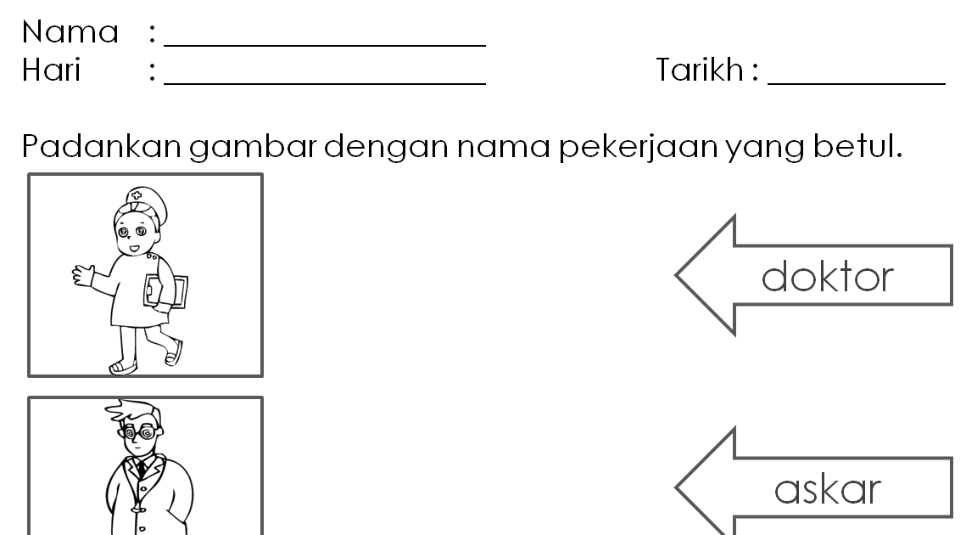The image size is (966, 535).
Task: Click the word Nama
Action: (70, 32)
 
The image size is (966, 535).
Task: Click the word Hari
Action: (51, 70)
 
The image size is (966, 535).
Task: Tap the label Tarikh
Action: (699, 70)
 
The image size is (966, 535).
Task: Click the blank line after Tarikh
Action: (856, 83)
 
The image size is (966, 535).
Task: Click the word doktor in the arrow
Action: (828, 277)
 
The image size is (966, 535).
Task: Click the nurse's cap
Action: (136, 200)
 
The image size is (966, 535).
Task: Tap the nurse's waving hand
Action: (82, 273)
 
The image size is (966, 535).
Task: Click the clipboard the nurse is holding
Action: (166, 291)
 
